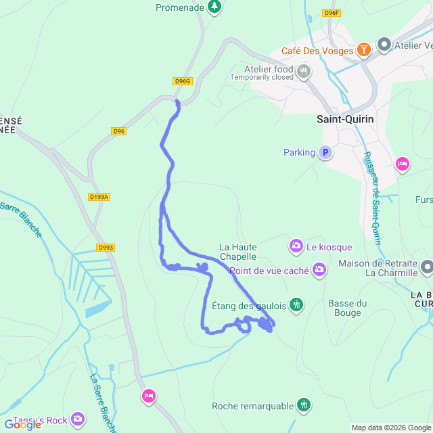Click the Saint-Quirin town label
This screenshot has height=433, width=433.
click(x=345, y=119)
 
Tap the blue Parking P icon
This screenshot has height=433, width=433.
click(x=325, y=153)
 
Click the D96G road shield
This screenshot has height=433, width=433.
click(x=183, y=81)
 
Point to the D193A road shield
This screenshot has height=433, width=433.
click(x=99, y=197)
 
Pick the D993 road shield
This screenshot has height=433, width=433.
click(x=105, y=248)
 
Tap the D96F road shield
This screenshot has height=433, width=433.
click(x=331, y=13)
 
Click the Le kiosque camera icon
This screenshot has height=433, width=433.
click(x=296, y=246)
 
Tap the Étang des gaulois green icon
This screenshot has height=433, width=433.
click(x=296, y=305)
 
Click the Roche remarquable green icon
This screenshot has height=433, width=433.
click(x=304, y=405)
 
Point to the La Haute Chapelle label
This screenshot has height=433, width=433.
click(x=237, y=252)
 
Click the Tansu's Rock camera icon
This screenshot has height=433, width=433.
click(x=78, y=420)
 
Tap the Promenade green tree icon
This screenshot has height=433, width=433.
click(x=214, y=7)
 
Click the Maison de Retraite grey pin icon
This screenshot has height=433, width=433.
click(x=426, y=267)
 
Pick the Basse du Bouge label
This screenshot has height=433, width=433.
click(x=347, y=308)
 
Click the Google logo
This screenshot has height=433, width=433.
click(x=22, y=425)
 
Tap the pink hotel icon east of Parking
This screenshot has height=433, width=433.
click(x=403, y=164)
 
